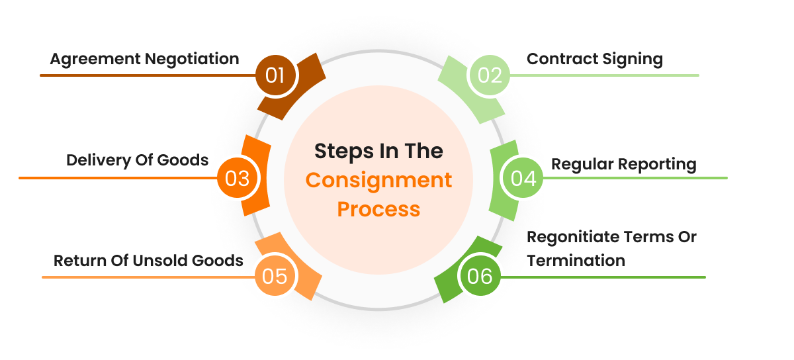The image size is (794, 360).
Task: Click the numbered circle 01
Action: click(x=275, y=75)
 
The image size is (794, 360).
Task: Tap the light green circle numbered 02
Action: click(x=490, y=75)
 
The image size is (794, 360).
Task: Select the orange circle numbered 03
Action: click(x=236, y=178)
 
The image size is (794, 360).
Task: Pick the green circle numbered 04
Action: click(x=523, y=178)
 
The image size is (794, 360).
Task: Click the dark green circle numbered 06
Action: click(x=480, y=276)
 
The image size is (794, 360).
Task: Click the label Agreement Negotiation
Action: click(x=144, y=59)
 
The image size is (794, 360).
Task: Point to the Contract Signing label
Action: click(x=594, y=59)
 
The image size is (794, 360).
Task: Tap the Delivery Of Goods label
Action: click(x=137, y=160)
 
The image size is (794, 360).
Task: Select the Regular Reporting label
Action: click(x=623, y=163)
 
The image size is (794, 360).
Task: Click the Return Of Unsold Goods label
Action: click(x=148, y=260)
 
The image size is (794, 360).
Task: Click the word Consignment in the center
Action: click(x=378, y=180)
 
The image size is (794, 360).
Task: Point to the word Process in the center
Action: click(x=378, y=209)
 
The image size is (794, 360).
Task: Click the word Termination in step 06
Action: click(x=576, y=260)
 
